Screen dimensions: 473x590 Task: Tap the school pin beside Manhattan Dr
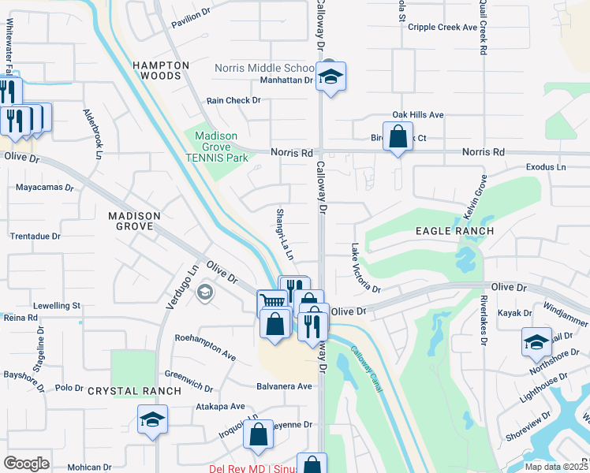331,77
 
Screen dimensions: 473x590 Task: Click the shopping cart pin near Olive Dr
271,302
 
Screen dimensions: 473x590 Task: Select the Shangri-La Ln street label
285,235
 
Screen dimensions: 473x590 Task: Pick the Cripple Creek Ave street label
443,27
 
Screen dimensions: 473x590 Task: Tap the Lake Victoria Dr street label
365,268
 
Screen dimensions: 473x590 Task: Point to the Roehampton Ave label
205,351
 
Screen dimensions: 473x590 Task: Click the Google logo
26,463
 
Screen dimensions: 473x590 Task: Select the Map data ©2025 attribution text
556,467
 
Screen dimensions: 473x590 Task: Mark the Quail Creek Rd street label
481,28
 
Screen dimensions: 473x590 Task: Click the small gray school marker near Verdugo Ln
205,293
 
